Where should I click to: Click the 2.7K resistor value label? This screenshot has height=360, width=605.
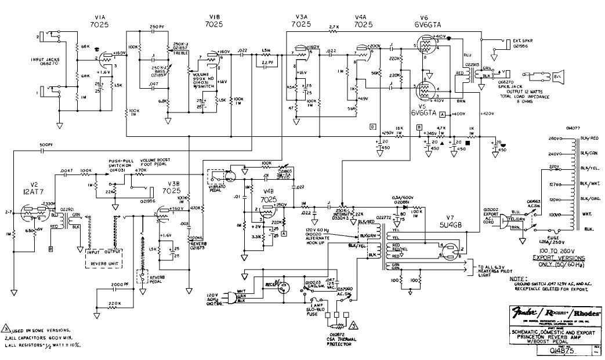pyautogui.click(x=333, y=27)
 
